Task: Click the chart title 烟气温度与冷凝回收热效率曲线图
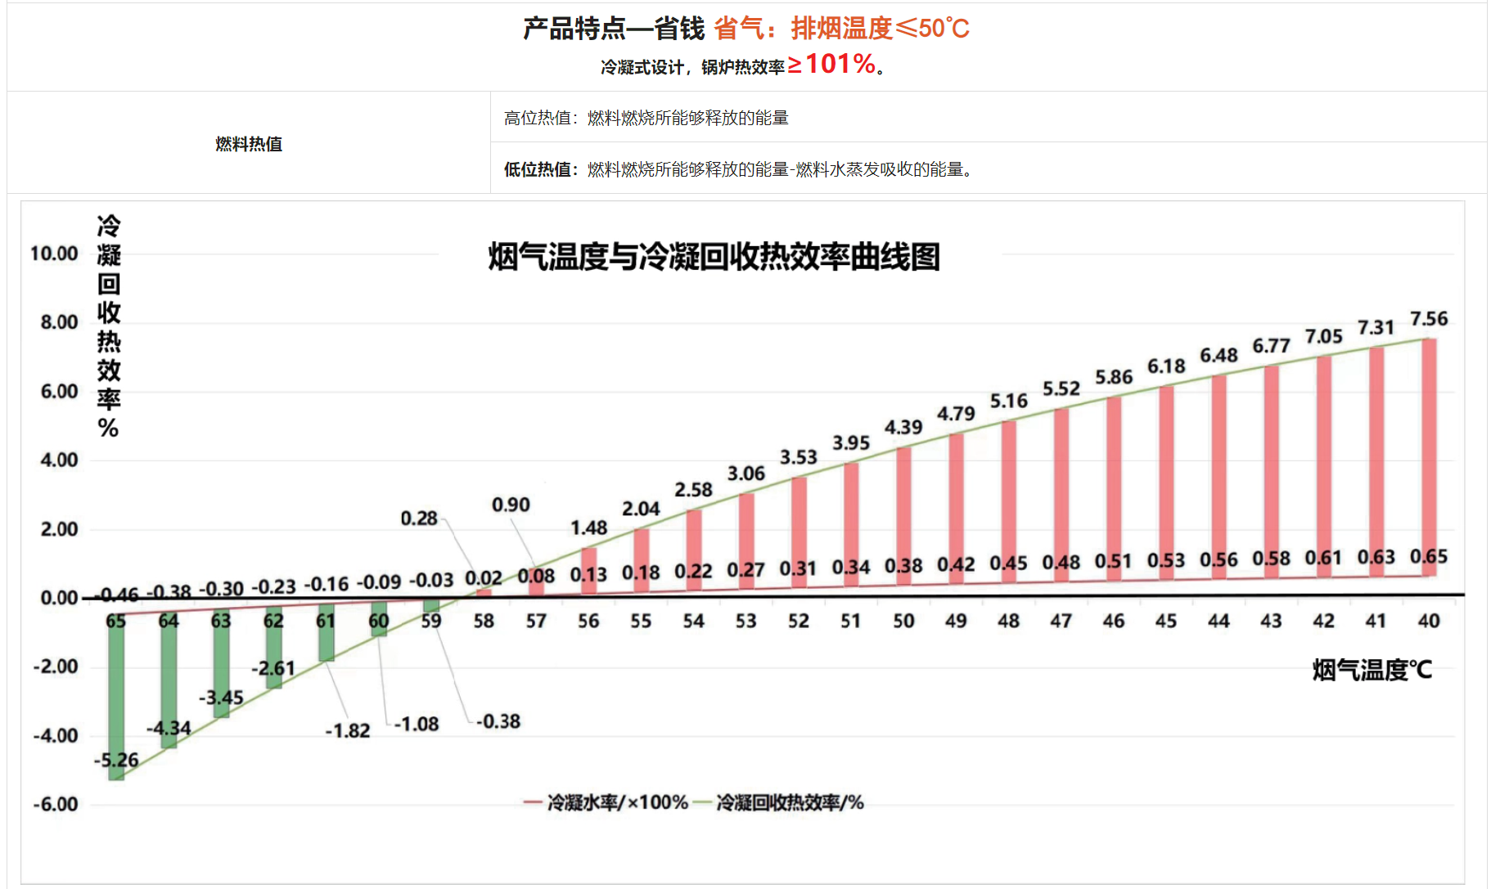pos(714,257)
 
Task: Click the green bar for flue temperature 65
pos(116,695)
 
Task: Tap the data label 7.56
pos(1429,318)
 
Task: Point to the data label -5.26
pos(116,760)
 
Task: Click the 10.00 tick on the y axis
pos(54,254)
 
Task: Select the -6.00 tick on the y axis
pos(56,804)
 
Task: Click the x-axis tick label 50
pos(903,621)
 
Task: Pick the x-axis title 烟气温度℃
pos(1372,670)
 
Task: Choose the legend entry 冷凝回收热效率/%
pos(789,802)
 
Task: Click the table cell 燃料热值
pos(249,144)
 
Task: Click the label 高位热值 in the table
pos(538,118)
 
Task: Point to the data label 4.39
pos(903,427)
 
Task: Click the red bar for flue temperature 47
pos(1061,491)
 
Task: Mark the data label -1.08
pos(417,724)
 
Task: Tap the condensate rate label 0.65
pos(1429,556)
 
